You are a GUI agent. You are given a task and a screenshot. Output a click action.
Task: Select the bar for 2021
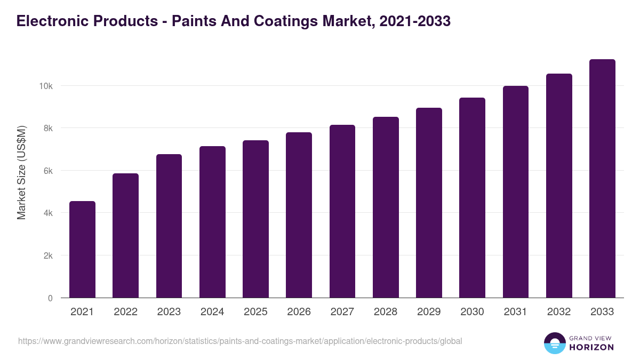click(83, 250)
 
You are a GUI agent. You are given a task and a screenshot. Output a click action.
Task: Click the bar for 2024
click(212, 222)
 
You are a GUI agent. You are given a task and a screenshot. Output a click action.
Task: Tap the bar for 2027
click(342, 211)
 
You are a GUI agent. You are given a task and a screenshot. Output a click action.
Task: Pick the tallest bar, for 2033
click(602, 179)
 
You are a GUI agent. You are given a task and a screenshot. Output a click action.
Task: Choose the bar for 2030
click(473, 198)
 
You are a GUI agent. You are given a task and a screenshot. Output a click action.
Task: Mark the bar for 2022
click(126, 236)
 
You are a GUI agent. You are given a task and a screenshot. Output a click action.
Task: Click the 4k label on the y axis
click(47, 213)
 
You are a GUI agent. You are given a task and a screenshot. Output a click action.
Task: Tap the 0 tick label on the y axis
click(50, 298)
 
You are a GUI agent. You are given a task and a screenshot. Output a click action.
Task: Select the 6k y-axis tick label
click(47, 171)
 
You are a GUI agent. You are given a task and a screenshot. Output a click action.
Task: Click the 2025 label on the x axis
click(255, 312)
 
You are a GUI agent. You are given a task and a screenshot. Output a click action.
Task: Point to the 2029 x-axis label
click(429, 312)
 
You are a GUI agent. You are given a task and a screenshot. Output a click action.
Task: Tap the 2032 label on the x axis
click(559, 312)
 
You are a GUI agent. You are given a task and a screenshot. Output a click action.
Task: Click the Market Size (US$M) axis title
click(21, 172)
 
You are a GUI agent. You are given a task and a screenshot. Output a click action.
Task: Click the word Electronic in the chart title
click(48, 21)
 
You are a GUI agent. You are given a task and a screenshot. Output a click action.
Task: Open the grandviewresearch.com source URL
click(240, 341)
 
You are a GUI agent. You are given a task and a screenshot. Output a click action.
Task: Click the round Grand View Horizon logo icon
click(555, 343)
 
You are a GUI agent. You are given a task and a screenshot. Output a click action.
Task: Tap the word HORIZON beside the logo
click(591, 347)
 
